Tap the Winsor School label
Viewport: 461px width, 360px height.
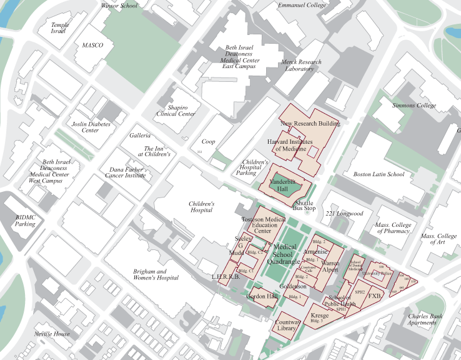pyautogui.click(x=119, y=6)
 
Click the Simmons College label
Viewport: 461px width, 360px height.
pyautogui.click(x=414, y=106)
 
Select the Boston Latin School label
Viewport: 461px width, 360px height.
pyautogui.click(x=379, y=174)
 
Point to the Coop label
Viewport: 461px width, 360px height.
pyautogui.click(x=208, y=142)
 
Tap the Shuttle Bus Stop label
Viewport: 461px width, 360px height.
pyautogui.click(x=304, y=206)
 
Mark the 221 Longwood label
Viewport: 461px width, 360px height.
pyautogui.click(x=344, y=214)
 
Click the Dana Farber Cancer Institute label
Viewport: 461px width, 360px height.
pyautogui.click(x=127, y=172)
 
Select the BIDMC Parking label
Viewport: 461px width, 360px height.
pyautogui.click(x=25, y=220)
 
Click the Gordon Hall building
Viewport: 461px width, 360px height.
pyautogui.click(x=262, y=296)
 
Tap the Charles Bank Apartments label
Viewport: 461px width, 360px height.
pyautogui.click(x=426, y=319)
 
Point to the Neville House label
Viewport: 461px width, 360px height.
pyautogui.click(x=52, y=334)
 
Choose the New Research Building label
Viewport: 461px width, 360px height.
pyautogui.click(x=310, y=124)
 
